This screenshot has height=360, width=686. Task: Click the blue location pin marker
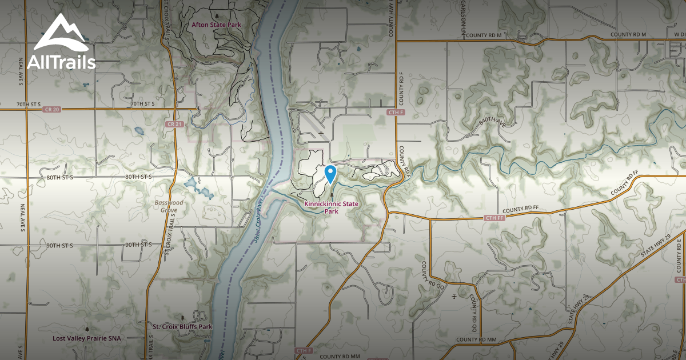click(330, 173)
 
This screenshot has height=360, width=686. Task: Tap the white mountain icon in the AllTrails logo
click(61, 35)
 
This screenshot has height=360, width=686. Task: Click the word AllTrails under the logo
click(64, 61)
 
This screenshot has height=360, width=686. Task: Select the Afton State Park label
click(216, 25)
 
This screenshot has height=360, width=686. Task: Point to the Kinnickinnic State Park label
click(332, 207)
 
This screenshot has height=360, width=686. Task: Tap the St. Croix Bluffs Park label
click(182, 327)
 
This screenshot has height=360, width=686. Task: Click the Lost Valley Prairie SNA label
click(86, 338)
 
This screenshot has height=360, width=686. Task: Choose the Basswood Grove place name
click(169, 206)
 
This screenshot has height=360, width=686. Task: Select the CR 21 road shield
click(174, 124)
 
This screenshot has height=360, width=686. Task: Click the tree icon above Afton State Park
click(216, 14)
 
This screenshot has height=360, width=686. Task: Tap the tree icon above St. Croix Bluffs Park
click(182, 317)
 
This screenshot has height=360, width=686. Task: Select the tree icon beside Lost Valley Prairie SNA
click(87, 329)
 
